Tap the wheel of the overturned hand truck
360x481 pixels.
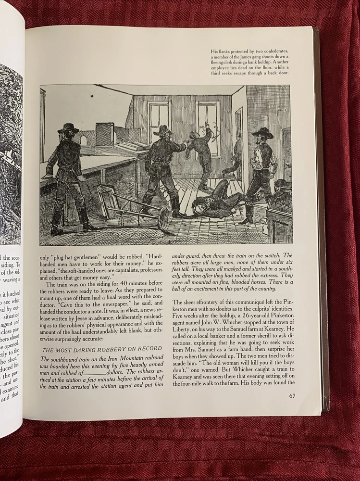(x=163, y=218)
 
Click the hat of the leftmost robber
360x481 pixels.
(x=68, y=128)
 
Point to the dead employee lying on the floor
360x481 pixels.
(x=216, y=199)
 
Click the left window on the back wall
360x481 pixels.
(x=159, y=122)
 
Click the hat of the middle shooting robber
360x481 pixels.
(x=164, y=130)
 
